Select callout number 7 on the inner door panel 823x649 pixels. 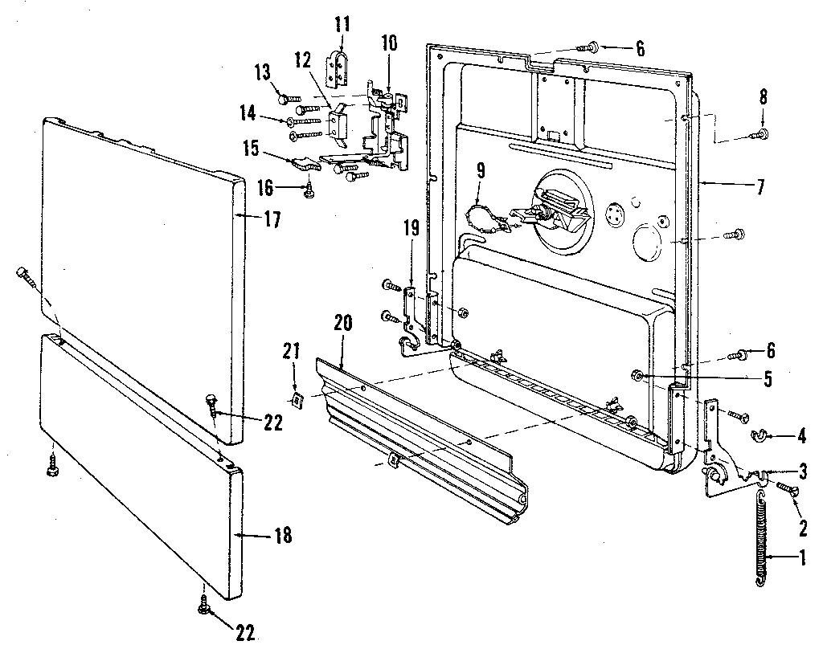coord(760,188)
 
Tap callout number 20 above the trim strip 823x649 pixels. coord(343,325)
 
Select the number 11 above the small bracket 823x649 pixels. coord(342,22)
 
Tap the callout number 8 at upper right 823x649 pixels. coord(763,99)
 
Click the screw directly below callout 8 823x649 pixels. coord(763,133)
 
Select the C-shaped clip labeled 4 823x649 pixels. coord(756,436)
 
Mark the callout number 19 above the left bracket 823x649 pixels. coord(411,227)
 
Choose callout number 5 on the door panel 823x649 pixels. coord(768,378)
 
